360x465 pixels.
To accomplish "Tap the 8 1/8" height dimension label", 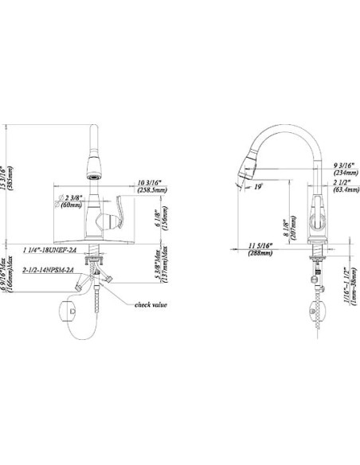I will pyautogui.click(x=288, y=225).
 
